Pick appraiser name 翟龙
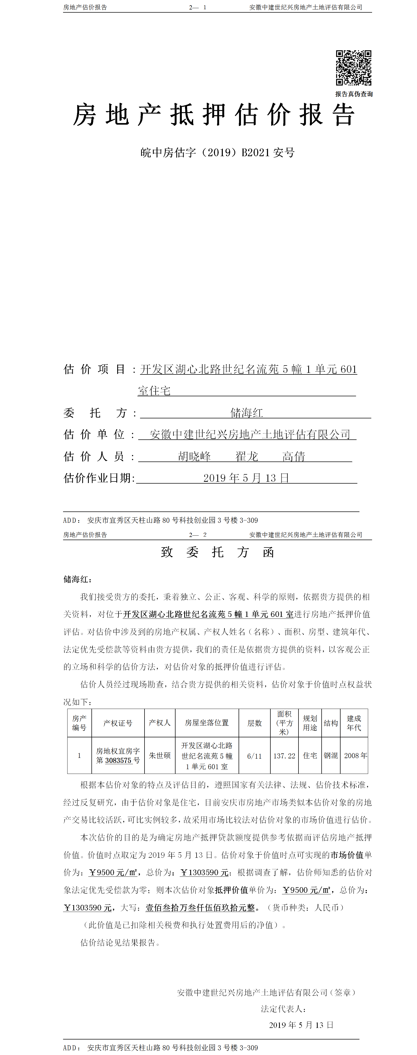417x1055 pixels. click(x=246, y=456)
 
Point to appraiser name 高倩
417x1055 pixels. click(x=294, y=456)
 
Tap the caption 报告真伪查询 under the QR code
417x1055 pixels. click(x=354, y=94)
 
